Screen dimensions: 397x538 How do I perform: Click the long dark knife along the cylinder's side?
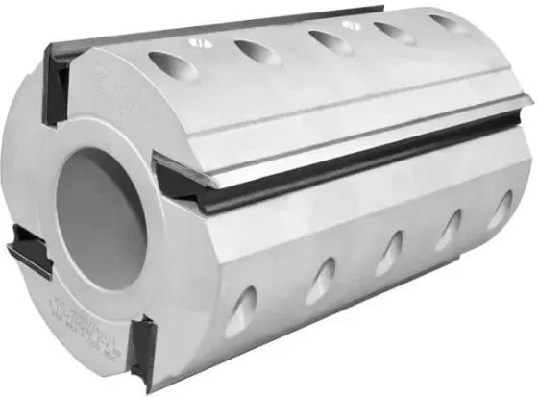click(x=336, y=152)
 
